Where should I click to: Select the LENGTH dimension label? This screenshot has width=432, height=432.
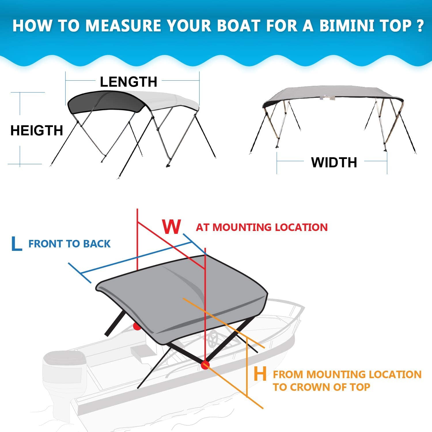[x=128, y=82]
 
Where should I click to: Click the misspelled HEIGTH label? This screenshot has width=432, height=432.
[x=37, y=130]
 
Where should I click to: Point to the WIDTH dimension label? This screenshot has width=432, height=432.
[x=334, y=162]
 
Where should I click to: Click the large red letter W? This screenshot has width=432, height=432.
[x=172, y=227]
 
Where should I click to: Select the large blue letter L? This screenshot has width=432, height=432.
[x=16, y=244]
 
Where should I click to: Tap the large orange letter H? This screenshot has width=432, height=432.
[x=260, y=374]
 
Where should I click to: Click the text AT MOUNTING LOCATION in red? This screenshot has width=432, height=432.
[x=262, y=227]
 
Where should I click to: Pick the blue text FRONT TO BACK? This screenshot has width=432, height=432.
[x=69, y=244]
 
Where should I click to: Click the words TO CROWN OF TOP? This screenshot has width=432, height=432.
[x=321, y=387]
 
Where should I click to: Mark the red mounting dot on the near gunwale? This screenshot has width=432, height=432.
[x=205, y=365]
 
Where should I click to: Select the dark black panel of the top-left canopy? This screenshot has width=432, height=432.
[x=105, y=103]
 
